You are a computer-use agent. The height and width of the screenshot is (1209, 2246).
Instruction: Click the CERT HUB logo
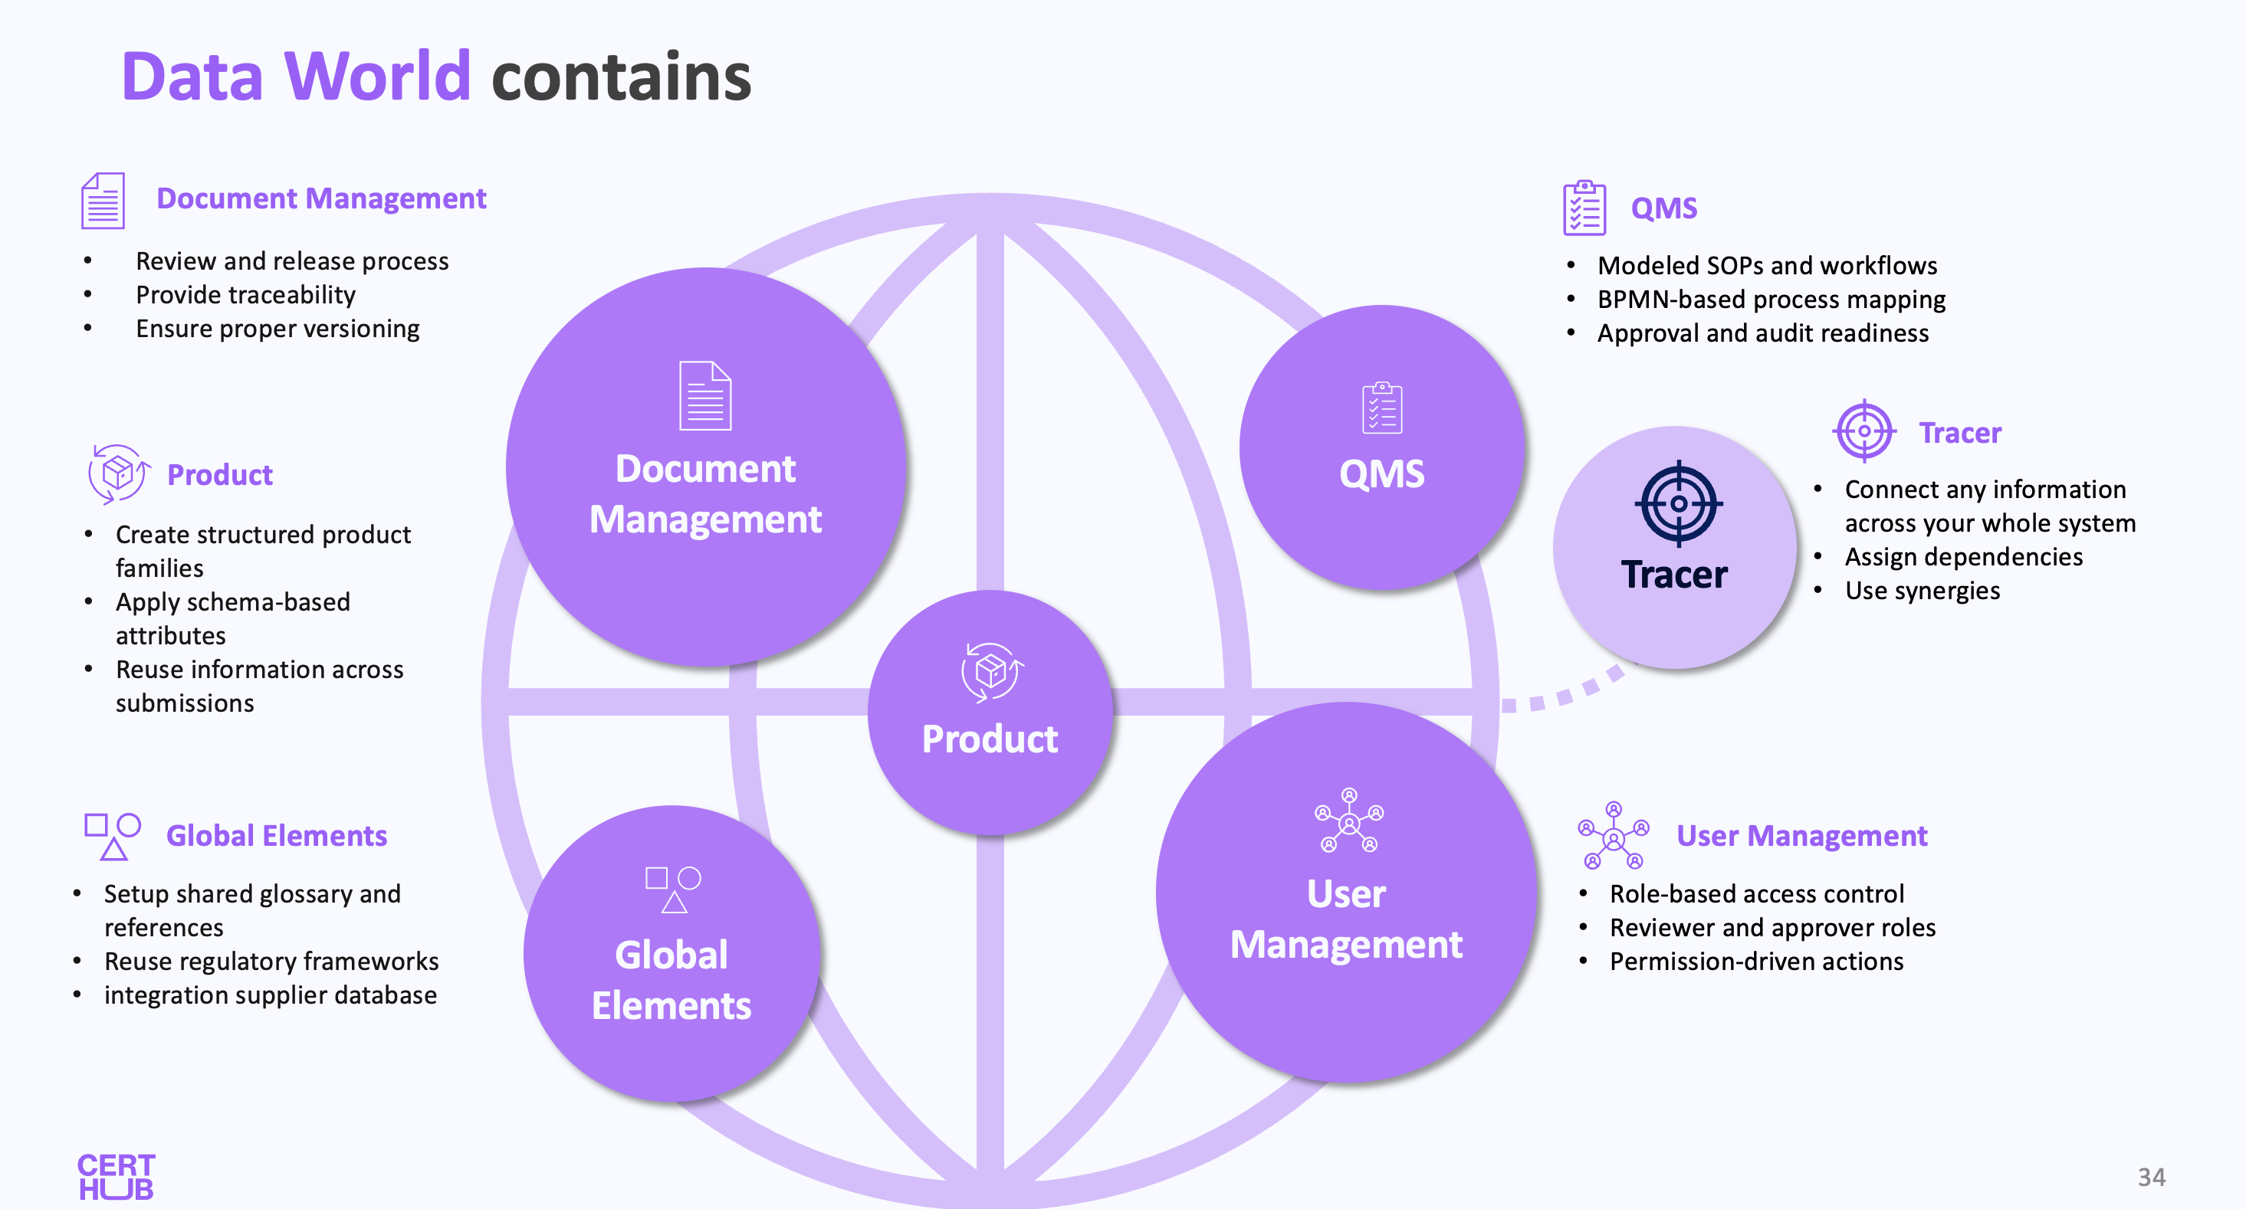click(116, 1177)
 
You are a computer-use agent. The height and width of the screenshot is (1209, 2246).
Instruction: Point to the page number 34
click(2151, 1177)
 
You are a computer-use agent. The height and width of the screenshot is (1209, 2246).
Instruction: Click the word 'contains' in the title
click(621, 77)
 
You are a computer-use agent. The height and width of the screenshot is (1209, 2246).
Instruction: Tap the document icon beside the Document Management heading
click(103, 201)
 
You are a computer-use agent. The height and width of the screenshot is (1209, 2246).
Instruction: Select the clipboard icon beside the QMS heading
click(1584, 208)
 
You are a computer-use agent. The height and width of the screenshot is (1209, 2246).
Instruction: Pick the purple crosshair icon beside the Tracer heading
click(1864, 431)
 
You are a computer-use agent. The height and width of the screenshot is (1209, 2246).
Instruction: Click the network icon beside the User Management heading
click(1613, 836)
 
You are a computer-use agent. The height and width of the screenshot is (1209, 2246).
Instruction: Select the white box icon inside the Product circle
click(991, 671)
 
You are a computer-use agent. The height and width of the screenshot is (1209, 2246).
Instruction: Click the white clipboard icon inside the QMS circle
click(1382, 407)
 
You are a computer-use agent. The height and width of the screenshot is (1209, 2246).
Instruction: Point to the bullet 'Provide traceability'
click(246, 295)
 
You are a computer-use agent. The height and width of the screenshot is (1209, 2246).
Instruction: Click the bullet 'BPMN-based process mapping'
click(1771, 299)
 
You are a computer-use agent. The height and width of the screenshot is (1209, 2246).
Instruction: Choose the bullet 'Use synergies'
click(1922, 590)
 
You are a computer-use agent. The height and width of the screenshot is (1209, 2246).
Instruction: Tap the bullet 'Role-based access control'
click(1756, 893)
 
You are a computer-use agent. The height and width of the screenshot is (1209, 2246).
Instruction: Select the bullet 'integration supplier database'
click(271, 994)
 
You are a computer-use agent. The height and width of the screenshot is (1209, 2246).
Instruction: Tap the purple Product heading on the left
click(220, 475)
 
